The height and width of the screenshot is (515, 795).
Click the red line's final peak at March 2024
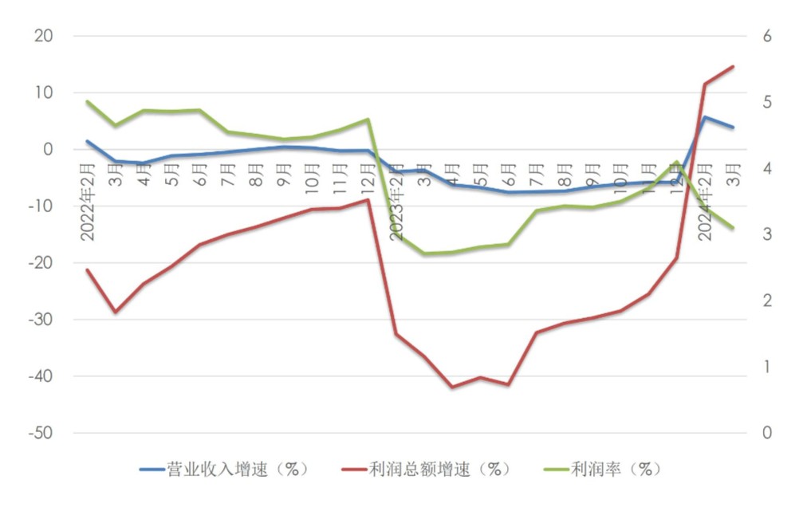733,66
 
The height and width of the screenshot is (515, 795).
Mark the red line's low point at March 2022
116,312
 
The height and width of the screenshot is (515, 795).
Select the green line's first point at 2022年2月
88,101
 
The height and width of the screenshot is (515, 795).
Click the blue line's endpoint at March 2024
733,128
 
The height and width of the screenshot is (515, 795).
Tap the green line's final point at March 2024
733,228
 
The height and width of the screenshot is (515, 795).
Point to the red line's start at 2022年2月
88,269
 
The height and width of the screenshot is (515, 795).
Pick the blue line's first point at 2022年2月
88,141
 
